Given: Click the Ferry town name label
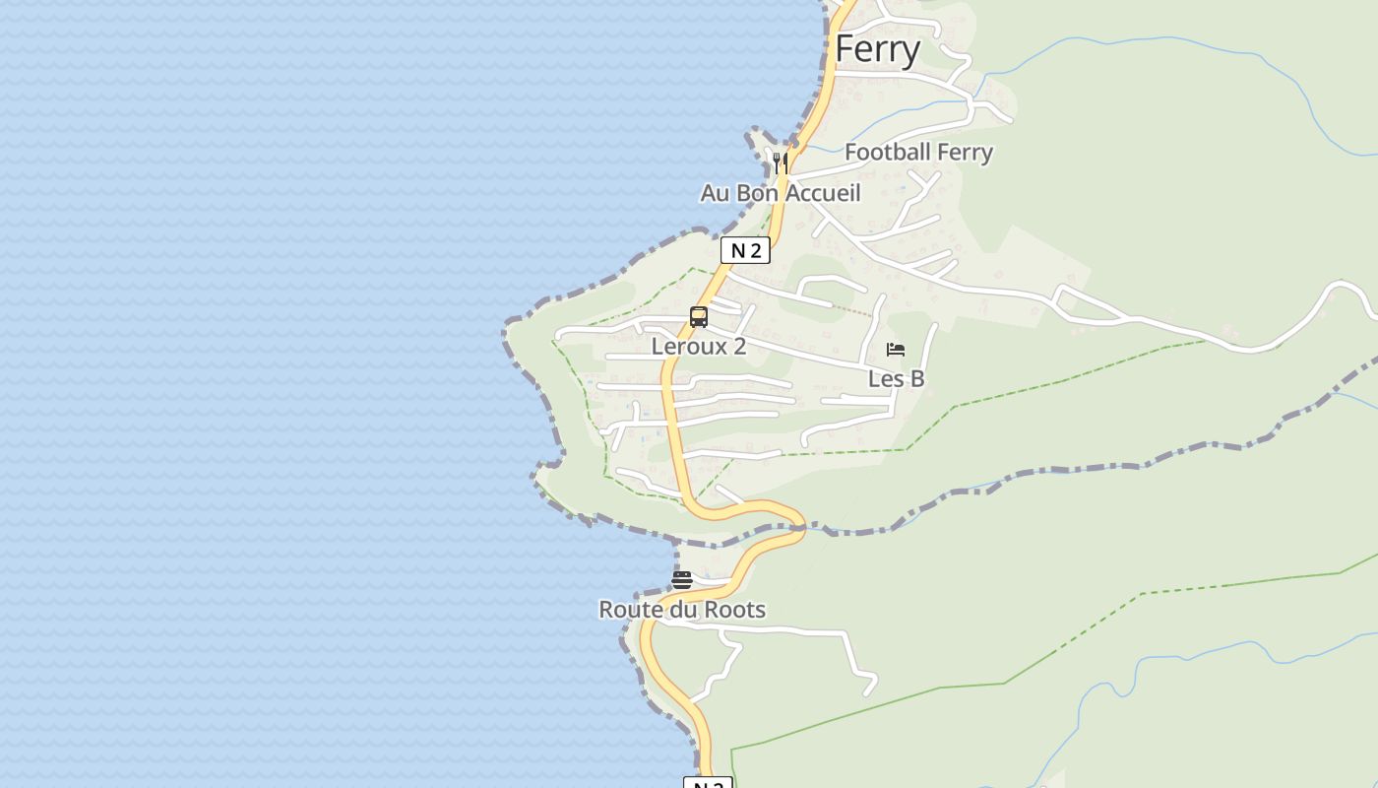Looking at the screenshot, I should point(878,49).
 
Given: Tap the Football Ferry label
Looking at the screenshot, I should point(918,152).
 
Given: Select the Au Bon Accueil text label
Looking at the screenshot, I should point(780,193).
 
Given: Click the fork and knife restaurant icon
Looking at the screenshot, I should point(781,163).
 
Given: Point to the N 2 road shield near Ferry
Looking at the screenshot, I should point(745,250).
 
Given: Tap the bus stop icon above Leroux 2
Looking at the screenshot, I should point(699,317).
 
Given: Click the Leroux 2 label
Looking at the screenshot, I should point(698,347).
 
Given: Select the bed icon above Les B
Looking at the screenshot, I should point(896,350).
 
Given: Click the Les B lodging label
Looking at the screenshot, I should point(896,378).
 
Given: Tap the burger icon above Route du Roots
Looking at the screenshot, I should point(682,580).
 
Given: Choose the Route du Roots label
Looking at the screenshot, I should point(682,610).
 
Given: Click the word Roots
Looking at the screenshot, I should point(735,610).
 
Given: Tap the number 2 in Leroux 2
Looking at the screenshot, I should point(739,347).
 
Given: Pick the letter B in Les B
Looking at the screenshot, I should point(916,378).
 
